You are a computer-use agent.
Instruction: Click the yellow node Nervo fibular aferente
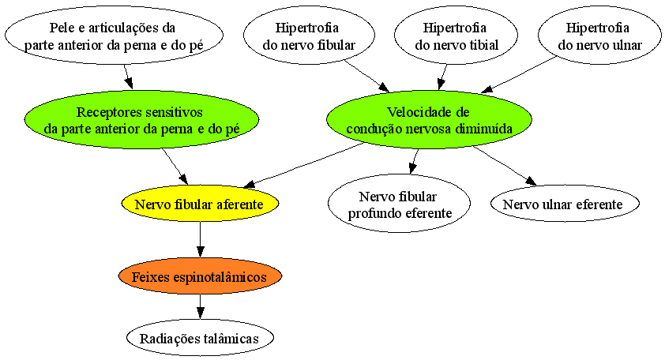point(200,204)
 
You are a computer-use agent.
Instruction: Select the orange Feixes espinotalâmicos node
point(200,276)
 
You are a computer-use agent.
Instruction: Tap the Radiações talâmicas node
point(200,338)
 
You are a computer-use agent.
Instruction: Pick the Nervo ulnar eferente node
point(565,204)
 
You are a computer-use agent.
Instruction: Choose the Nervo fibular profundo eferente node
point(399,204)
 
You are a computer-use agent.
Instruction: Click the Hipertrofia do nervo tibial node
point(456,36)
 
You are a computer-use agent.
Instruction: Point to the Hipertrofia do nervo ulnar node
point(599,36)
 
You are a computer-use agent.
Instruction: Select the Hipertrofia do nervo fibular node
point(309,36)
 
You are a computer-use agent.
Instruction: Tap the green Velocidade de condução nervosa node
point(429,119)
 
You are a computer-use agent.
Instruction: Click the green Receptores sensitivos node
point(141,119)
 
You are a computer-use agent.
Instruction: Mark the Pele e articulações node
point(114,36)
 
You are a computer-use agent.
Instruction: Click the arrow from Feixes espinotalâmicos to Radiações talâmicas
point(200,306)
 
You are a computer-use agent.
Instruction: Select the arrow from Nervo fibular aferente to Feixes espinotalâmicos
point(200,239)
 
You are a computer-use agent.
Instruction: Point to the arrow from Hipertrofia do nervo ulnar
point(519,74)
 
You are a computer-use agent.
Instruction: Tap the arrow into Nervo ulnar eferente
point(505,166)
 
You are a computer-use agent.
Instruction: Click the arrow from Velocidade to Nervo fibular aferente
point(304,165)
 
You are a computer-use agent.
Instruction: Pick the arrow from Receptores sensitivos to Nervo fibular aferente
point(175,166)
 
